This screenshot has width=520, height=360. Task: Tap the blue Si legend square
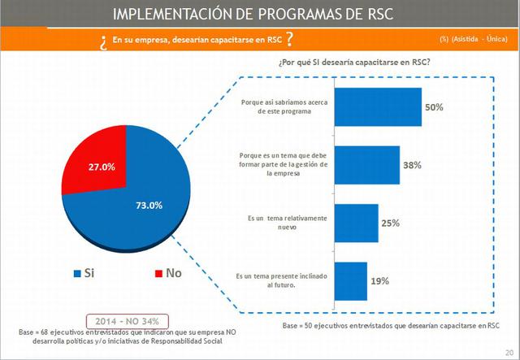77,273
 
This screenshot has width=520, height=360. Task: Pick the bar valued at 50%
378,106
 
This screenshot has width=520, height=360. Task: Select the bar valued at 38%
366,165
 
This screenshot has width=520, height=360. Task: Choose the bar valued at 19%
350,280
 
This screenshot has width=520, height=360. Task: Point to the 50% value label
433,107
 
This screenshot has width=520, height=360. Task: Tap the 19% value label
379,281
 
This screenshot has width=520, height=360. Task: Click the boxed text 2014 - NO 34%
127,320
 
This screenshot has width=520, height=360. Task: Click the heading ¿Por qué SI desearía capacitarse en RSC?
354,63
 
